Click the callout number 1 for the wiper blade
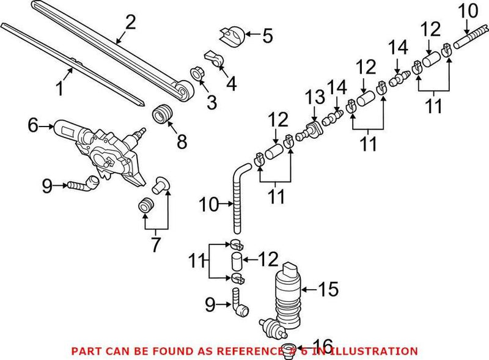click(x=59, y=89)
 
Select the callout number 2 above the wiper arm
click(x=130, y=23)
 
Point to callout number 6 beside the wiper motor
click(x=34, y=127)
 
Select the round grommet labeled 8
click(x=162, y=114)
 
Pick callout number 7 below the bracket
click(x=156, y=244)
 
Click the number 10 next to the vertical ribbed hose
click(x=208, y=204)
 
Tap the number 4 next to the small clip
click(x=231, y=83)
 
